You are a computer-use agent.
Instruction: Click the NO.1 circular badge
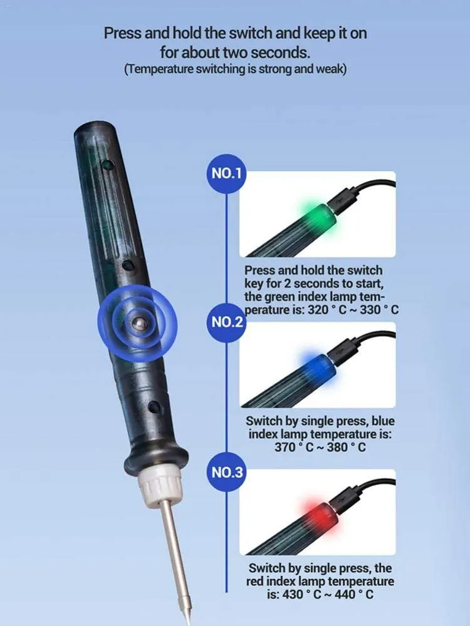point(226,173)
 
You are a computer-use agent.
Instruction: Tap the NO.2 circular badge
point(226,322)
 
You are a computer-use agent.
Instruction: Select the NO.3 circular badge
point(226,472)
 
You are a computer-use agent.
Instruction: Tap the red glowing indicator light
point(320,517)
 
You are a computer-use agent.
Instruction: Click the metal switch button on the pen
point(138,322)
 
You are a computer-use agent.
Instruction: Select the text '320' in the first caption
point(318,310)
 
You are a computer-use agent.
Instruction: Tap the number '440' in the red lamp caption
point(345,595)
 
